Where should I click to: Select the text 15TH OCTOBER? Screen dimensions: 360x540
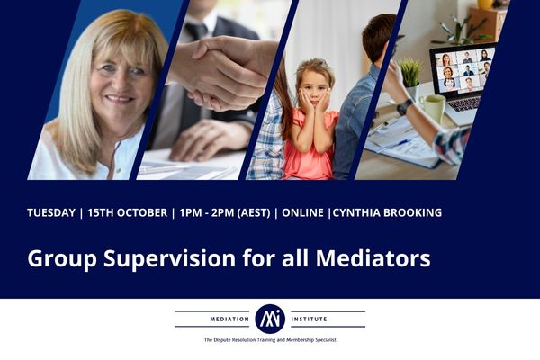point(127,213)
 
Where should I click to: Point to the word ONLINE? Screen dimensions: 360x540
point(304,213)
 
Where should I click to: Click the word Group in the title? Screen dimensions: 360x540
point(60,259)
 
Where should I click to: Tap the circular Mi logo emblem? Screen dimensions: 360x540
point(270,318)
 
